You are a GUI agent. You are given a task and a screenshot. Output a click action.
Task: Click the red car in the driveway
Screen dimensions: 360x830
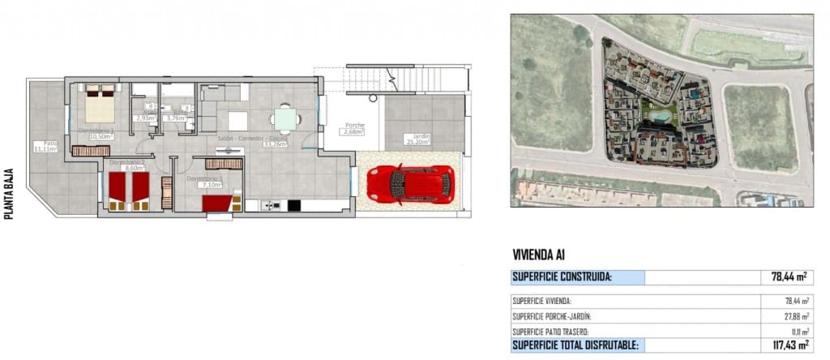click(x=410, y=184)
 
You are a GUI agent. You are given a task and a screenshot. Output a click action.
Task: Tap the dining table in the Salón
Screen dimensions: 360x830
click(x=285, y=119)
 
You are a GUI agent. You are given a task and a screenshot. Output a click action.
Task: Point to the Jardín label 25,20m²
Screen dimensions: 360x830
click(x=419, y=140)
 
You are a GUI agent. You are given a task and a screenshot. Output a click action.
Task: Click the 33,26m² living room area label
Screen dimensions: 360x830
click(x=276, y=146)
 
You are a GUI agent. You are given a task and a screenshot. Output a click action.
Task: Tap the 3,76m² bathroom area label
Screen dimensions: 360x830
click(x=176, y=118)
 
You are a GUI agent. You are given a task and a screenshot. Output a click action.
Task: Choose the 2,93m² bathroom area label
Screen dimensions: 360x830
click(x=147, y=118)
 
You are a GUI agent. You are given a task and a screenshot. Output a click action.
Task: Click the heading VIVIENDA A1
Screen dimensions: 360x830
click(x=538, y=255)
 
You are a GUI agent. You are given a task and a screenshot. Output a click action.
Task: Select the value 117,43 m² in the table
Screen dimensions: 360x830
click(x=789, y=345)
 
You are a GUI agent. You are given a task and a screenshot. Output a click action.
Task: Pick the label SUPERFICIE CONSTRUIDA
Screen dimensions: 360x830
click(x=562, y=277)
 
